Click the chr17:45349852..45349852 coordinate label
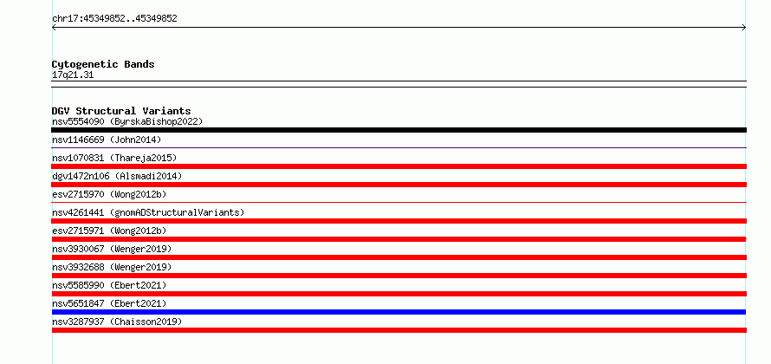114,19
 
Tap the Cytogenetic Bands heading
103,64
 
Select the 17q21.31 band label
73,75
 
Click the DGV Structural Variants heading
121,111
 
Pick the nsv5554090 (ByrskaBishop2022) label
127,121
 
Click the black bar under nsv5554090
398,130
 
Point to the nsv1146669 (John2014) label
107,140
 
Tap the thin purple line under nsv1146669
398,147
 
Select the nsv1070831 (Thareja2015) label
114,158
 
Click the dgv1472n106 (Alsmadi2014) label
117,176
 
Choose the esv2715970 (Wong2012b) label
109,194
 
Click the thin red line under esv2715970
398,202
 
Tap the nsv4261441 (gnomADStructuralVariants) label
148,212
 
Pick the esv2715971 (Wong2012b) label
109,231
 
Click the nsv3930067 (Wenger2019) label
112,249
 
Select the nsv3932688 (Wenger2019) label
112,267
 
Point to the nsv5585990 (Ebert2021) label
109,285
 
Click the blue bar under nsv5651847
398,312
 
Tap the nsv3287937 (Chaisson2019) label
117,322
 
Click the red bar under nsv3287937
398,330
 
